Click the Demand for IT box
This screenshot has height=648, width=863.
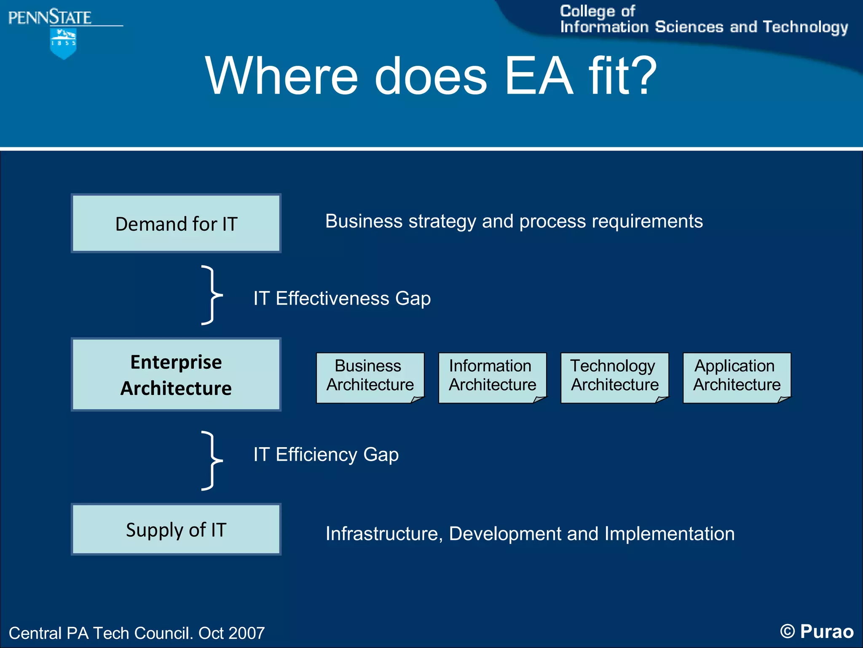(176, 224)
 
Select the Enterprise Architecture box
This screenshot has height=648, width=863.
(176, 375)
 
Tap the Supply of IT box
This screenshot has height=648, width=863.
(176, 529)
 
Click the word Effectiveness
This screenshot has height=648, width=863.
(332, 299)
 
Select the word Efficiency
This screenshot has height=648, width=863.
(316, 455)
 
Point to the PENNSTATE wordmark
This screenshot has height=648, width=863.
(50, 18)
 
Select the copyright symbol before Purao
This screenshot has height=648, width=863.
(787, 632)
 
